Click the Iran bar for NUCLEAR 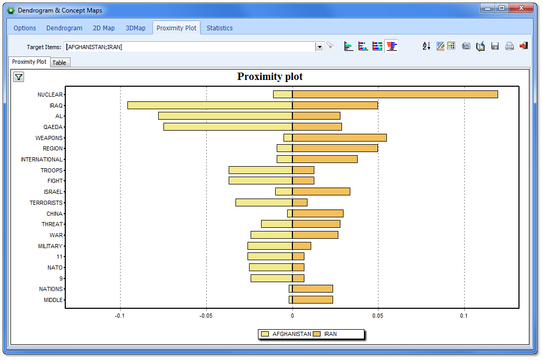(395, 95)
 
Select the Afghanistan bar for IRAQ (210, 106)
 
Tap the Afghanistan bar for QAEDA (228, 127)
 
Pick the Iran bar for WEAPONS (339, 138)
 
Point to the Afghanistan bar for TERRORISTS (264, 203)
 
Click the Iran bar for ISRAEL (321, 192)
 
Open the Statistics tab (219, 28)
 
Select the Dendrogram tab (64, 28)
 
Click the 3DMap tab (136, 28)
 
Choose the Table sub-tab (60, 63)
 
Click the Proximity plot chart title (270, 77)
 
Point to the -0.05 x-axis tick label (206, 316)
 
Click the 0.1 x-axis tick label (464, 316)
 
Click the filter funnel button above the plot (18, 77)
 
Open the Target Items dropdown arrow (320, 47)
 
